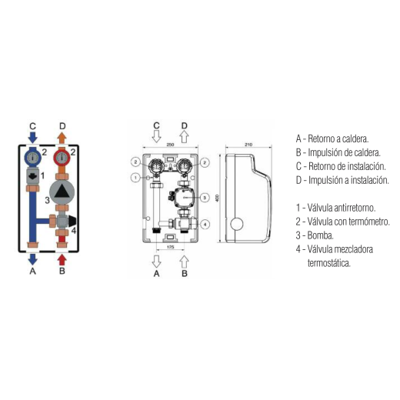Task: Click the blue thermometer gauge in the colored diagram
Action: pyautogui.click(x=32, y=158)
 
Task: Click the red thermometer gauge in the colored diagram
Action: pyautogui.click(x=62, y=158)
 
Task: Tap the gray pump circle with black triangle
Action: pyautogui.click(x=62, y=192)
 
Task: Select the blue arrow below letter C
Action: pyautogui.click(x=32, y=138)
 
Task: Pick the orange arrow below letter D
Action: pyautogui.click(x=62, y=138)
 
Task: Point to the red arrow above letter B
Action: pyautogui.click(x=62, y=260)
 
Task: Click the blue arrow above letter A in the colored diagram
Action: pyautogui.click(x=32, y=259)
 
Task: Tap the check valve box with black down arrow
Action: pyautogui.click(x=32, y=176)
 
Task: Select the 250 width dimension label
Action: pyautogui.click(x=170, y=145)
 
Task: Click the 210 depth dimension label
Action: pyautogui.click(x=248, y=145)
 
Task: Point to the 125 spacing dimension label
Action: pyautogui.click(x=171, y=247)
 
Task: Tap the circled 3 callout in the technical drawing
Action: pyautogui.click(x=205, y=198)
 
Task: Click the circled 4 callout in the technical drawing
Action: pyautogui.click(x=205, y=225)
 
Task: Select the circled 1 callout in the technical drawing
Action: pyautogui.click(x=135, y=178)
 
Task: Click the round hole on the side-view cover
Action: pyautogui.click(x=237, y=224)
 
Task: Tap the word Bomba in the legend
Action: pyautogui.click(x=320, y=235)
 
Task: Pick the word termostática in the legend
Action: pyautogui.click(x=329, y=263)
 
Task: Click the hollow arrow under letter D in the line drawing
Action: pyautogui.click(x=184, y=137)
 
